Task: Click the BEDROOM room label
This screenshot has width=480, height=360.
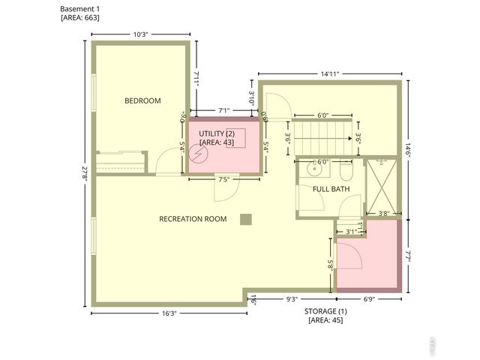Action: [142, 100]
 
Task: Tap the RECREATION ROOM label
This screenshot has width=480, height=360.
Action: [193, 219]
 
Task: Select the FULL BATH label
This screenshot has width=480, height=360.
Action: [331, 189]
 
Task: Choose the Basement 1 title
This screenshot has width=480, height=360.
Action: [79, 8]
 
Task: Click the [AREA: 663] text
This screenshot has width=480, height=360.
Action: [79, 17]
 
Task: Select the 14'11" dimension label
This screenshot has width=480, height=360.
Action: [328, 73]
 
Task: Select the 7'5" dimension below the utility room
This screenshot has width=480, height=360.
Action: [223, 179]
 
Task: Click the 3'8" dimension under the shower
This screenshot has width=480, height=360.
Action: [383, 214]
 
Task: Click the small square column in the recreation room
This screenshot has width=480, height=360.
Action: [245, 219]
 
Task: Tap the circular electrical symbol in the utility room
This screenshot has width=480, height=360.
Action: [199, 153]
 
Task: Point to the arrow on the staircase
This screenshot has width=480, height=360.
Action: [349, 138]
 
